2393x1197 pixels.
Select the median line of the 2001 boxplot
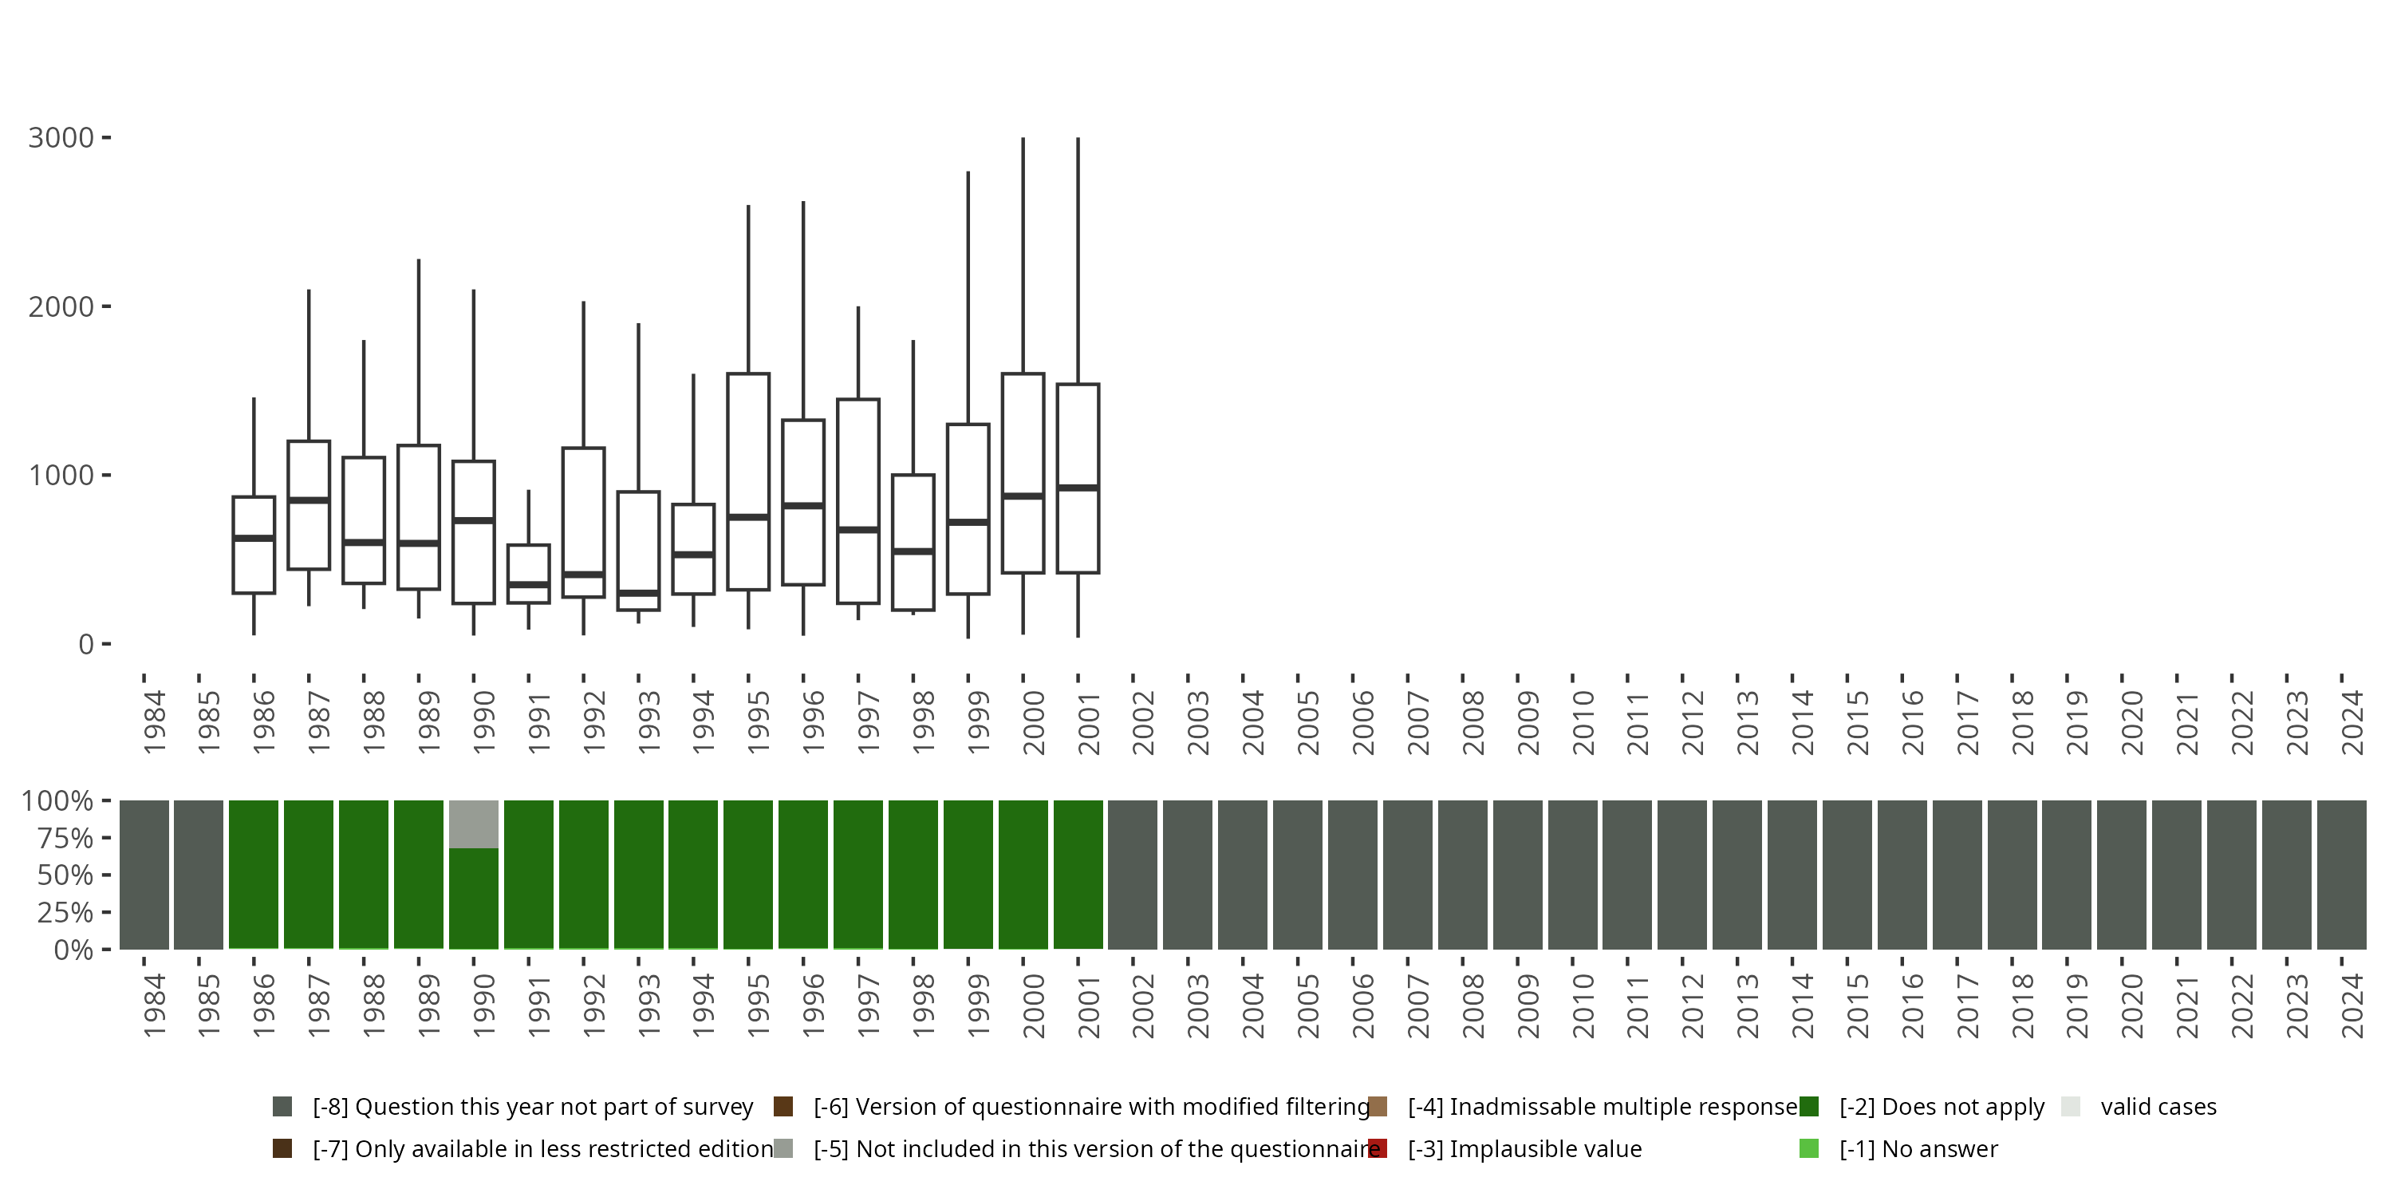click(x=1078, y=487)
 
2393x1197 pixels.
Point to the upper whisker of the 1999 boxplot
click(x=968, y=298)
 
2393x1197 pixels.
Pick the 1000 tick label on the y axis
click(x=61, y=475)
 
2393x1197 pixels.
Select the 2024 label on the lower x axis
click(x=2352, y=1006)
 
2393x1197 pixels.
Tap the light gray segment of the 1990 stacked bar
click(x=474, y=824)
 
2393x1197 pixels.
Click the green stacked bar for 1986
click(x=254, y=875)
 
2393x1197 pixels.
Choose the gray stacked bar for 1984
click(x=144, y=875)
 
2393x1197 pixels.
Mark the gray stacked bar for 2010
click(x=1573, y=875)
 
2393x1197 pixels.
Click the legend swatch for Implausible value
click(x=1378, y=1148)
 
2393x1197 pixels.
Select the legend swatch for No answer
click(x=1808, y=1148)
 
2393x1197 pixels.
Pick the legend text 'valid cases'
click(x=2158, y=1107)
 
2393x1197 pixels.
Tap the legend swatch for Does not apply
click(x=1808, y=1107)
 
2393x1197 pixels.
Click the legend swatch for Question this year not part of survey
click(x=282, y=1107)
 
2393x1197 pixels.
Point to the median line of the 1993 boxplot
click(x=638, y=592)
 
